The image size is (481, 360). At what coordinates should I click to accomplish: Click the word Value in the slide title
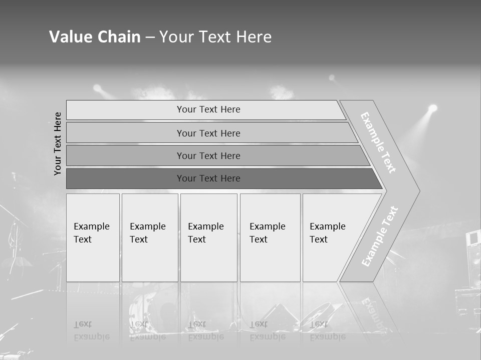(67, 37)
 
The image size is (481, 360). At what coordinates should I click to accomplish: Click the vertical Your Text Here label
(58, 143)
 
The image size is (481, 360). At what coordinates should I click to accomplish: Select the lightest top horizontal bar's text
(208, 109)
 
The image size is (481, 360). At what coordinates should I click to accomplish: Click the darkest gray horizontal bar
(208, 178)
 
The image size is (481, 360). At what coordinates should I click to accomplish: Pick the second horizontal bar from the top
(208, 133)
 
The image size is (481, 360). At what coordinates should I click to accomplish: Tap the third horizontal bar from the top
(208, 156)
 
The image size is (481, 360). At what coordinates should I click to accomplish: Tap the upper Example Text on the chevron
(378, 142)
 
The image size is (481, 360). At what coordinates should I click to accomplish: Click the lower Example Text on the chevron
(380, 236)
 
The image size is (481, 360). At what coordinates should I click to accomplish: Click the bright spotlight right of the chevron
(432, 108)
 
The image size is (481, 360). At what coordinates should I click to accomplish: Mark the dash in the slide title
(150, 37)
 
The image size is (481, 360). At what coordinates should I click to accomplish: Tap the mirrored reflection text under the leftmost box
(92, 331)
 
